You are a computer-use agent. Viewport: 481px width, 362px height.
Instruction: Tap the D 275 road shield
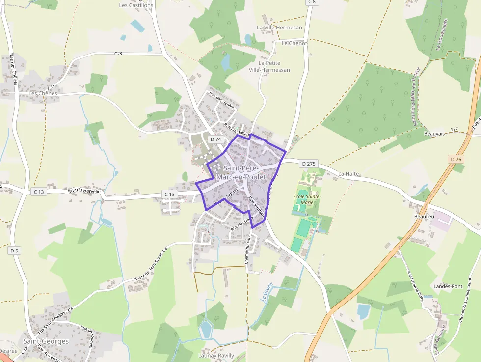pyautogui.click(x=309, y=164)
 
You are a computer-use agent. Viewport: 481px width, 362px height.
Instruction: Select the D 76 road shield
pyautogui.click(x=455, y=159)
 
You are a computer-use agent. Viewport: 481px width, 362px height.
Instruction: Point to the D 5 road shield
pyautogui.click(x=14, y=251)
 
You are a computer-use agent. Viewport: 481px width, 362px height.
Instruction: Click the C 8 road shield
pyautogui.click(x=311, y=2)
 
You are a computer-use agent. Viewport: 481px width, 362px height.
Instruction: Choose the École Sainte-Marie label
pyautogui.click(x=307, y=199)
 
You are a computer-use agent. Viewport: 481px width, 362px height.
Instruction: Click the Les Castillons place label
pyautogui.click(x=136, y=5)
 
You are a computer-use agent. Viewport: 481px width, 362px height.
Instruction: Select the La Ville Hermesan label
pyautogui.click(x=280, y=28)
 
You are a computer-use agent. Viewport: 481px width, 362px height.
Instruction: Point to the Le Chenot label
pyautogui.click(x=294, y=43)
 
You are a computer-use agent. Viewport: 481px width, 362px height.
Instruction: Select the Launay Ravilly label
pyautogui.click(x=216, y=355)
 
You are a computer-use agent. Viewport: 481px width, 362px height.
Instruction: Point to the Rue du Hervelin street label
pyautogui.click(x=84, y=191)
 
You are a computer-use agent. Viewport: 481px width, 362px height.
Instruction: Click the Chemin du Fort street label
pyautogui.click(x=248, y=250)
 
